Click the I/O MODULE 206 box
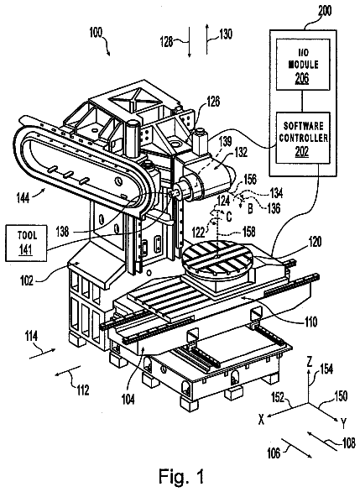point(303,65)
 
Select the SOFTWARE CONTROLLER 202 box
point(303,138)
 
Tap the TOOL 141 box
point(26,243)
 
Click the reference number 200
point(325,11)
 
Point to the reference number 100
point(96,32)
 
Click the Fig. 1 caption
point(181,476)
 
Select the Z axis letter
point(309,362)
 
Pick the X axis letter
point(261,419)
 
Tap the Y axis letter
point(343,424)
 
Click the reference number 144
point(23,198)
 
